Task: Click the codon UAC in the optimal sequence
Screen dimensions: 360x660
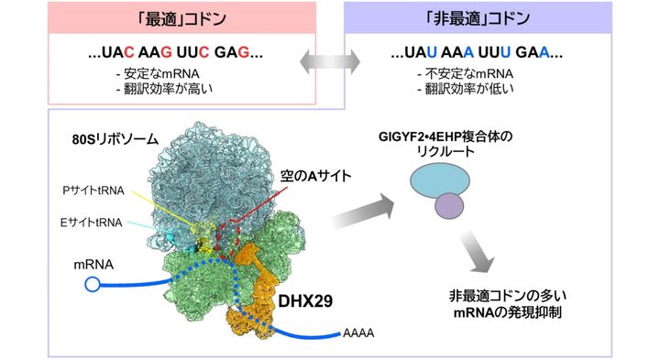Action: tap(125, 53)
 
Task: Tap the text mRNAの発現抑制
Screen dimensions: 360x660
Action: tap(506, 313)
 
